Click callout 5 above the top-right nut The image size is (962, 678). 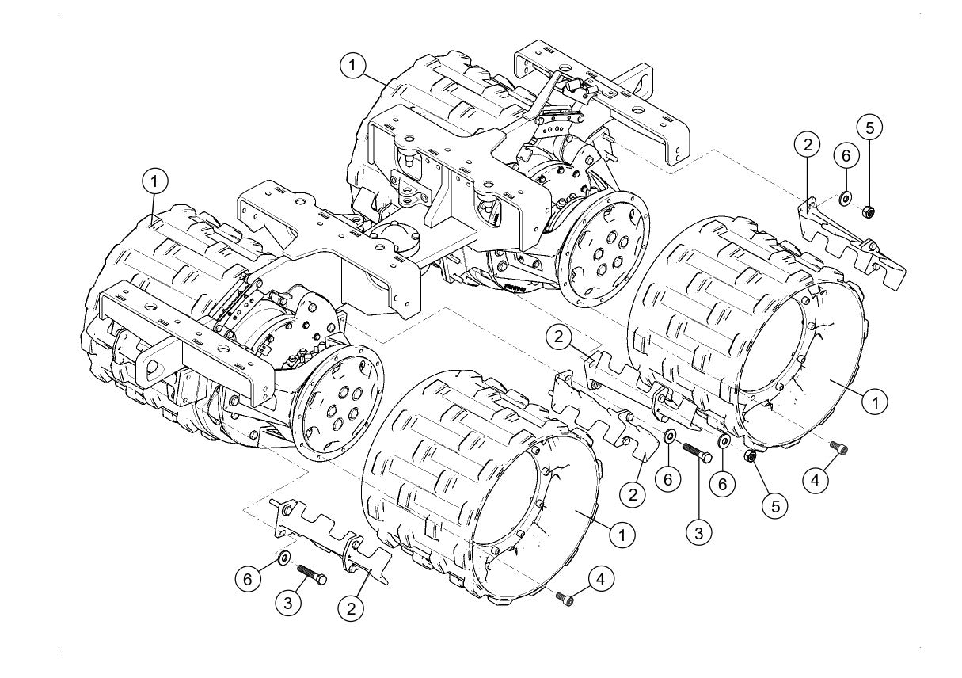coord(869,128)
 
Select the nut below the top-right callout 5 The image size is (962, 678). coord(867,211)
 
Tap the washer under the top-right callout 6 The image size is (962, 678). coord(845,197)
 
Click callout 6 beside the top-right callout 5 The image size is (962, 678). coord(845,155)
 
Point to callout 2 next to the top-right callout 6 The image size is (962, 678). coord(808,144)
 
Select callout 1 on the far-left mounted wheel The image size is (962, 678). coord(155,181)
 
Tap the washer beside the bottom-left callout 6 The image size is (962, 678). coord(283,559)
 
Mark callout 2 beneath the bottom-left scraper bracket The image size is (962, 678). coord(351,608)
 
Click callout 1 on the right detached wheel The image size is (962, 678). coord(873,402)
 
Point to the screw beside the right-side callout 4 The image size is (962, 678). coord(838,450)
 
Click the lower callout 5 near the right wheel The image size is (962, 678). coord(775,505)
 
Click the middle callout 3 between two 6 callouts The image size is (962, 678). coord(698,533)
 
